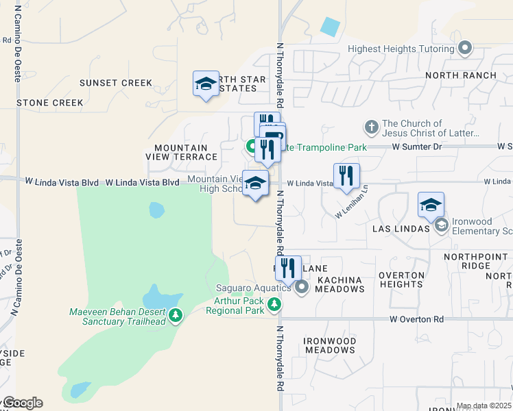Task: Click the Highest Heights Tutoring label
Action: click(x=401, y=49)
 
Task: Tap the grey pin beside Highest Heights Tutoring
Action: click(x=466, y=49)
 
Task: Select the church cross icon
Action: click(x=371, y=127)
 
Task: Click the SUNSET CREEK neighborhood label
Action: click(x=116, y=83)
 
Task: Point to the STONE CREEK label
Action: click(x=50, y=103)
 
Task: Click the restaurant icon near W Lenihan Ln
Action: click(x=346, y=177)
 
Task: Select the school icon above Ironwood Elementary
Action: click(x=431, y=205)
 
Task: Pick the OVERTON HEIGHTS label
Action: click(x=401, y=279)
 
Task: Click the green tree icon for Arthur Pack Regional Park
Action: click(x=274, y=304)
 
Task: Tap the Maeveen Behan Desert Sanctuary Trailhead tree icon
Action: click(x=176, y=315)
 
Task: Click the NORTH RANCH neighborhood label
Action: click(x=461, y=75)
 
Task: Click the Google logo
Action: click(x=23, y=403)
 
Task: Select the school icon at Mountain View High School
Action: click(x=255, y=184)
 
